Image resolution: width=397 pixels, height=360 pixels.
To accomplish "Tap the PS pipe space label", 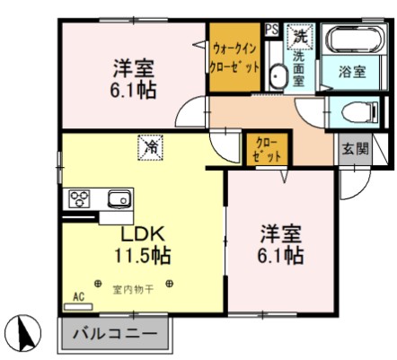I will [x=271, y=29].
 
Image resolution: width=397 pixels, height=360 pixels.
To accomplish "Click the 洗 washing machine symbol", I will [x=299, y=37].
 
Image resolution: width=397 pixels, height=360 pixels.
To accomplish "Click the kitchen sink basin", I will [x=117, y=199].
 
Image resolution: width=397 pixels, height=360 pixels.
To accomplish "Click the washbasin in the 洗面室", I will [x=276, y=78].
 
